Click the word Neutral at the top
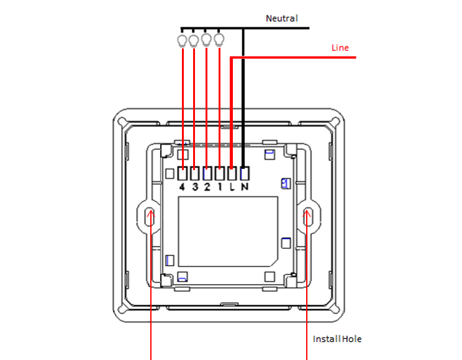[282, 18]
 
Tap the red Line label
[340, 48]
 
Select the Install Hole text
[337, 339]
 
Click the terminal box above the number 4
[183, 173]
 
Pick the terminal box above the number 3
[194, 173]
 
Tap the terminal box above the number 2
[207, 173]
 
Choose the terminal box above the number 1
[219, 173]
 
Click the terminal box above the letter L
[232, 173]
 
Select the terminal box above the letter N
[245, 173]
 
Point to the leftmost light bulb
[182, 40]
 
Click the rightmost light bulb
[219, 40]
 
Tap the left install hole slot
[150, 217]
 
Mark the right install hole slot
[307, 217]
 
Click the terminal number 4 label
[182, 187]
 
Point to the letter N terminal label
[245, 187]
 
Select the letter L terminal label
[232, 187]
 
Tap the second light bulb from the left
[194, 40]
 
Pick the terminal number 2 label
[207, 187]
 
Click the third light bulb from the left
[206, 40]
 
